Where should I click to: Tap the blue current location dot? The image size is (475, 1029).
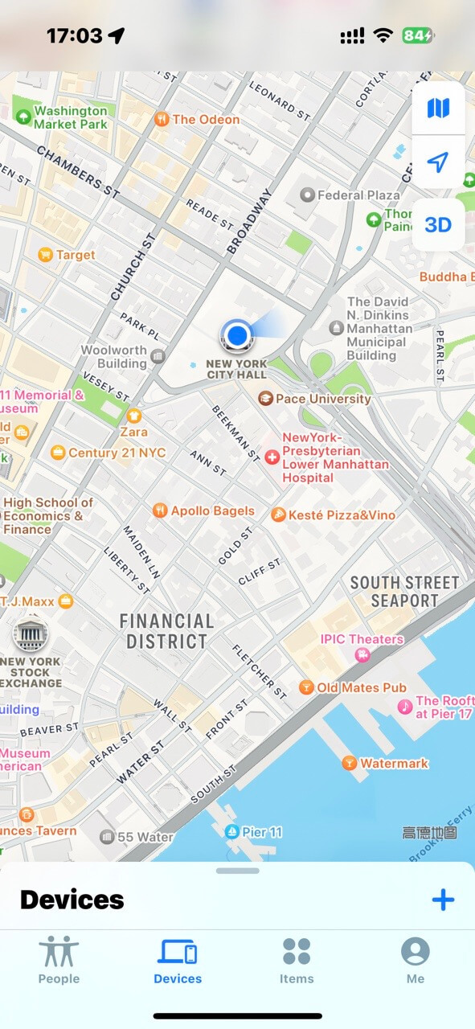[236, 334]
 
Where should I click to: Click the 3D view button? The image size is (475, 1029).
[438, 225]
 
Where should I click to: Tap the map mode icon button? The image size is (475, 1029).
[438, 109]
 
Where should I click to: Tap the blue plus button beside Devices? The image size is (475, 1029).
[443, 900]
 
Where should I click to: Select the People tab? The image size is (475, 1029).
[59, 960]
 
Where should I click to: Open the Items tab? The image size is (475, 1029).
[297, 960]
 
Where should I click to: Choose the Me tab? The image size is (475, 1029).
[416, 960]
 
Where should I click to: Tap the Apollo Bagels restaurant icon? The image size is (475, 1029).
[160, 511]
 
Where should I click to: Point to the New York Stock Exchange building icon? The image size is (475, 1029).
[31, 635]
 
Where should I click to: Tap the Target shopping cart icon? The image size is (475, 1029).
[46, 255]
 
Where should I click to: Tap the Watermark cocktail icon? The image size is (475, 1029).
[349, 763]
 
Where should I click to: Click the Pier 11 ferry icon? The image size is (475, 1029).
[231, 832]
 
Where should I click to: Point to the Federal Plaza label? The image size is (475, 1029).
[358, 195]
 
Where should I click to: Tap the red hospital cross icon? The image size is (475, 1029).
[272, 457]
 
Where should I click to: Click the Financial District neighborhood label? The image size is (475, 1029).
[166, 631]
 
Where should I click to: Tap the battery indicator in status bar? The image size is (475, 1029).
[418, 35]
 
